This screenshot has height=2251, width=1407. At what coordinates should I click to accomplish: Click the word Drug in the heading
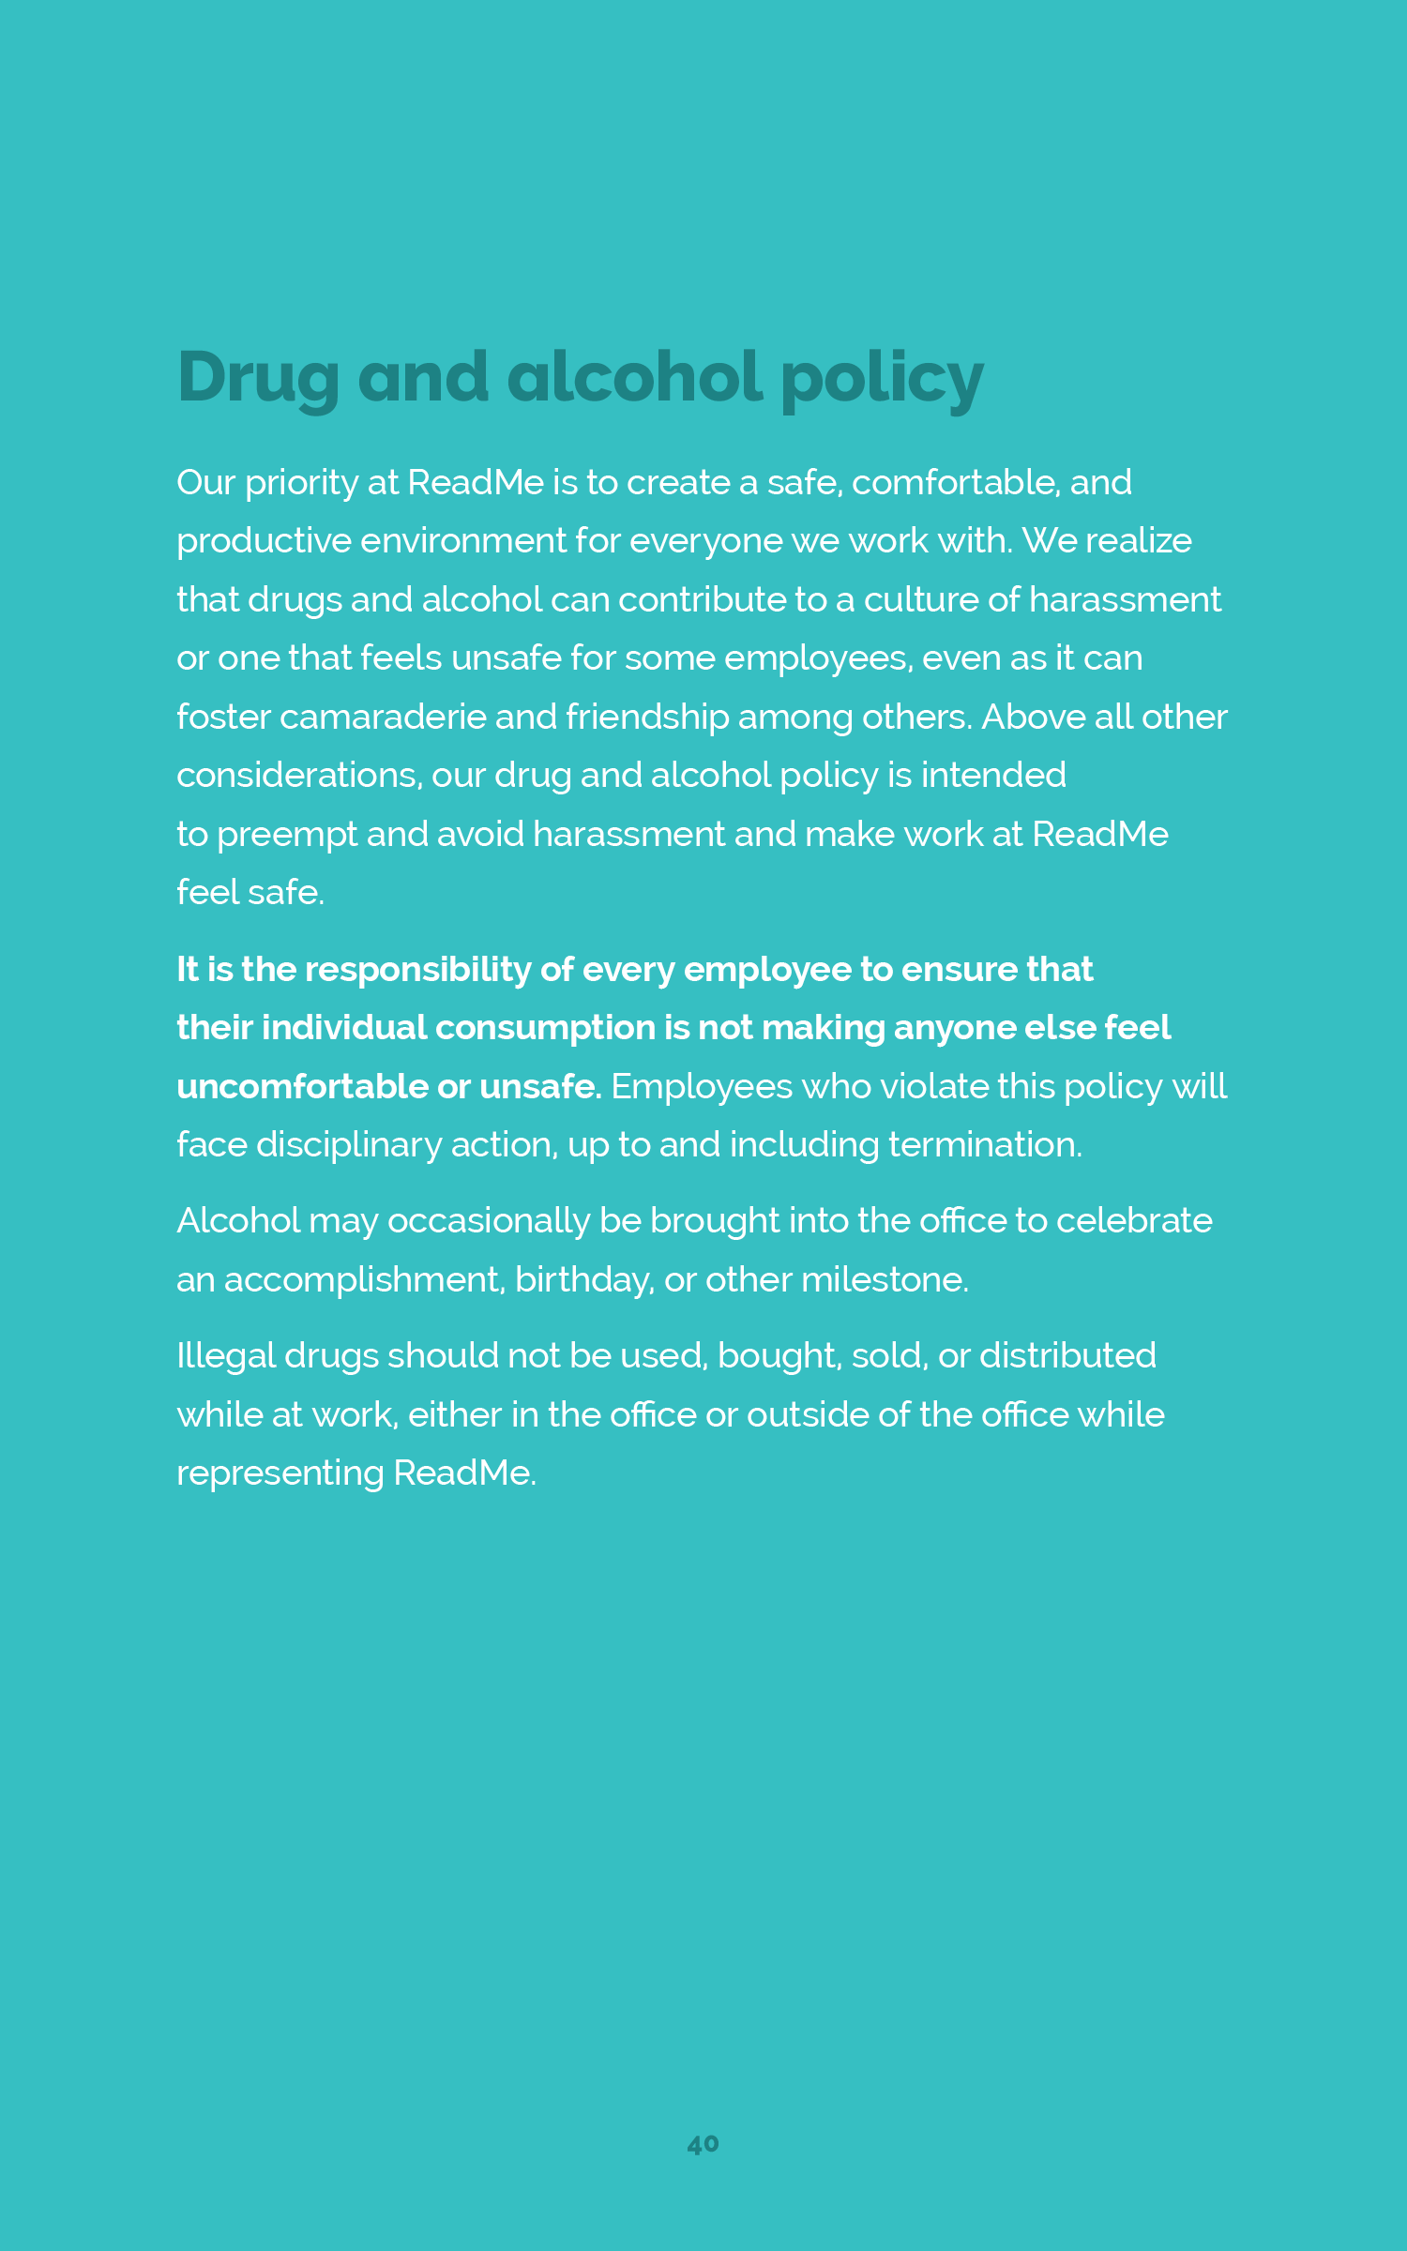[258, 377]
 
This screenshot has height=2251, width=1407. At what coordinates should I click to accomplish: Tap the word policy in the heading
[882, 377]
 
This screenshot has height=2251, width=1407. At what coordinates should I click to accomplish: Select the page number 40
[703, 2144]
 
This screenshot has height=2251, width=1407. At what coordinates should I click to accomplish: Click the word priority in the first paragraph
[301, 483]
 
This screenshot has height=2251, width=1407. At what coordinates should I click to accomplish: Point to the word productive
[264, 542]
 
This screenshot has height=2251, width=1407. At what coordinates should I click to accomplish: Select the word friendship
[647, 718]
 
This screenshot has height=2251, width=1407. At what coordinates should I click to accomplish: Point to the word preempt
[287, 836]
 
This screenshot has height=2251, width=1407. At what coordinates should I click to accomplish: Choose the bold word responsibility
[418, 970]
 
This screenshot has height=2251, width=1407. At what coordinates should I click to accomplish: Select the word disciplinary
[349, 1145]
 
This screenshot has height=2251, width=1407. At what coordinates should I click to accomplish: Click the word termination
[985, 1145]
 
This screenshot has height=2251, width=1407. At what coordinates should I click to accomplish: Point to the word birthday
[584, 1280]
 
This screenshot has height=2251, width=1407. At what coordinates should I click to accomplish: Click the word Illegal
[226, 1357]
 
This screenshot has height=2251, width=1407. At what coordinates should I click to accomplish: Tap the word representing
[280, 1474]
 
